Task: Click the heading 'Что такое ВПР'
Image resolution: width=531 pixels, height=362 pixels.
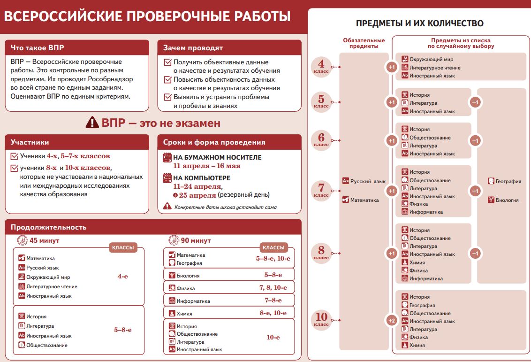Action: (x=38, y=48)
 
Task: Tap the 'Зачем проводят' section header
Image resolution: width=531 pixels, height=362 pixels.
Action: (x=193, y=48)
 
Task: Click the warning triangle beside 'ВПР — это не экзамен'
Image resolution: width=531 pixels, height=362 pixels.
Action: (x=92, y=123)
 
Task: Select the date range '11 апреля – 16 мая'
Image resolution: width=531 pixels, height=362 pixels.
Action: (x=206, y=166)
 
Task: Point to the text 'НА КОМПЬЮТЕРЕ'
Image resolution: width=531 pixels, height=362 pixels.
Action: (x=202, y=178)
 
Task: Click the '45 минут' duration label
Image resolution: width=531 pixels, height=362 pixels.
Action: (x=45, y=240)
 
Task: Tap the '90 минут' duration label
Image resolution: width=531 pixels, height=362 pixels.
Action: (x=196, y=240)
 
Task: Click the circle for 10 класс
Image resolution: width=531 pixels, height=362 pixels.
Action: (x=321, y=320)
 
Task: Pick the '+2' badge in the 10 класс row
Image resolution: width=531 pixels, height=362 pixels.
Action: (x=391, y=321)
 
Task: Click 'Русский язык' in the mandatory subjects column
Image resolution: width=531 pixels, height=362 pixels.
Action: (x=368, y=181)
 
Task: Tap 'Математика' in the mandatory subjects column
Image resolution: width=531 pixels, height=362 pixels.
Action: (x=364, y=200)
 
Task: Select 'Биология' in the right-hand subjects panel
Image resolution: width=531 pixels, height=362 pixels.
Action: (x=507, y=200)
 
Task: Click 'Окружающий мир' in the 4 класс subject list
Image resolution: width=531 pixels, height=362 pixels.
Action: (x=431, y=60)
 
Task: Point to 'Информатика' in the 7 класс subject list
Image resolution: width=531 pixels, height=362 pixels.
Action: (x=426, y=212)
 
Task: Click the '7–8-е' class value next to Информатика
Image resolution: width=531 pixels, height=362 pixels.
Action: (x=273, y=300)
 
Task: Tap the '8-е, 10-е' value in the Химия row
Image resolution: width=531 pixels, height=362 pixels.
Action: (x=273, y=313)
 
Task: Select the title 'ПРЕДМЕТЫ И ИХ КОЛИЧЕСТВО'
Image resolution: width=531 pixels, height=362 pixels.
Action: (x=419, y=23)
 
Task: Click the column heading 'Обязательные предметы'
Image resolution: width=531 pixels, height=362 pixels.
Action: (x=364, y=43)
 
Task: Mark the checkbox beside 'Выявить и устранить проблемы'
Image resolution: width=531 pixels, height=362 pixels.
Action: (x=167, y=97)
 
